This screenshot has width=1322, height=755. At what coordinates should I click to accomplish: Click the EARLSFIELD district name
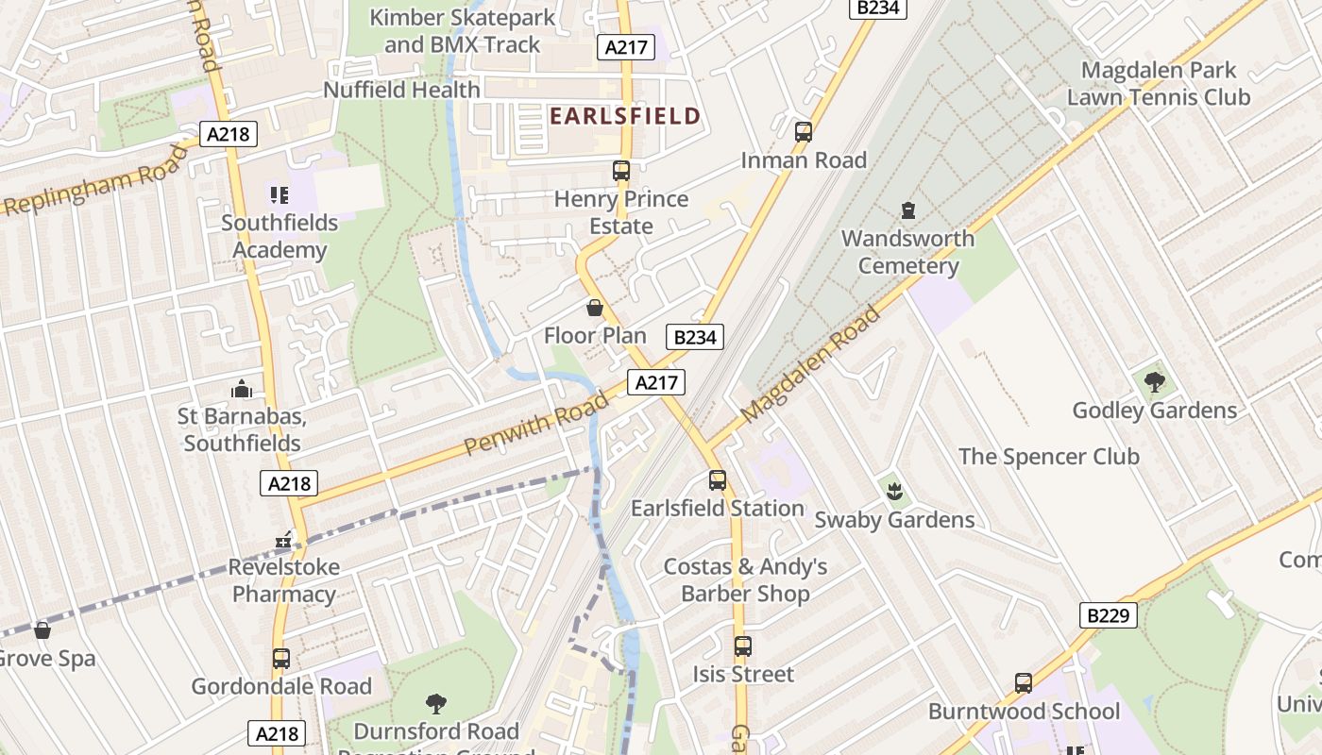click(x=625, y=116)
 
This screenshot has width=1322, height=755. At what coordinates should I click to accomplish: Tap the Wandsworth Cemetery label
click(x=907, y=252)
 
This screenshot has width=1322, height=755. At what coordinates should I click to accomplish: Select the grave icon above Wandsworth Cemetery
click(x=908, y=210)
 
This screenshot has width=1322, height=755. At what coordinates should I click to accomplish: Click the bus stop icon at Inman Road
click(x=804, y=132)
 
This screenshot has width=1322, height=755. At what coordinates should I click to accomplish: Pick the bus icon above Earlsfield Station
click(x=718, y=480)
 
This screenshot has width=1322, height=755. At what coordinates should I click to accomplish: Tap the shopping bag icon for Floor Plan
click(x=595, y=308)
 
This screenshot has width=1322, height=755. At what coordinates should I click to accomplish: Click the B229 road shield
click(x=1109, y=616)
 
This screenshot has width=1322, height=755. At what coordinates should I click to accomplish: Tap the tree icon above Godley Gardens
click(x=1154, y=382)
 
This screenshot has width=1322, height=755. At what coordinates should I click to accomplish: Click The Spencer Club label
click(x=1048, y=457)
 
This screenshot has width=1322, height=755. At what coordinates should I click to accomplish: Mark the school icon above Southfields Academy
click(x=279, y=195)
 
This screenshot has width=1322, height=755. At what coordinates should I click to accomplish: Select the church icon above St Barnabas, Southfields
click(x=242, y=389)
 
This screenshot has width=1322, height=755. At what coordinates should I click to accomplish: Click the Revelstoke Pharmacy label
click(x=284, y=580)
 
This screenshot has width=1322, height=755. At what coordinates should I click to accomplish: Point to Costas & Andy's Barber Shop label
click(x=745, y=579)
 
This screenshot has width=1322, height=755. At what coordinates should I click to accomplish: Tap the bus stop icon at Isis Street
click(x=743, y=646)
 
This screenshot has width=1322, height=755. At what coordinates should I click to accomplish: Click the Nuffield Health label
click(x=401, y=90)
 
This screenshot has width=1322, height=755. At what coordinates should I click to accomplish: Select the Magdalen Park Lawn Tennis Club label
click(x=1159, y=83)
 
